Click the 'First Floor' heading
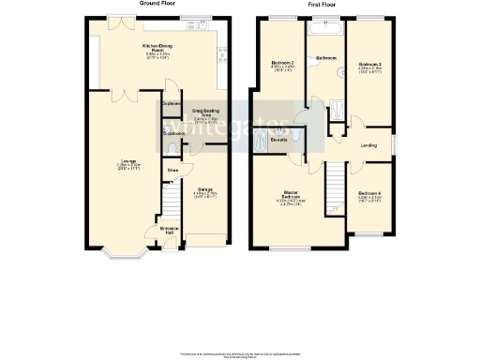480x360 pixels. (x=322, y=5)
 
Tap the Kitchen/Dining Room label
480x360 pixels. (x=157, y=48)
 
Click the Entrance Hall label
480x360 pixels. (x=169, y=230)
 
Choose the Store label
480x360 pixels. (x=172, y=170)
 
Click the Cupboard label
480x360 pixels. (x=172, y=103)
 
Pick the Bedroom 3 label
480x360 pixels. (x=369, y=65)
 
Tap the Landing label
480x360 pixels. (x=370, y=143)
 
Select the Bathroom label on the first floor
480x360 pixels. (x=325, y=58)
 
